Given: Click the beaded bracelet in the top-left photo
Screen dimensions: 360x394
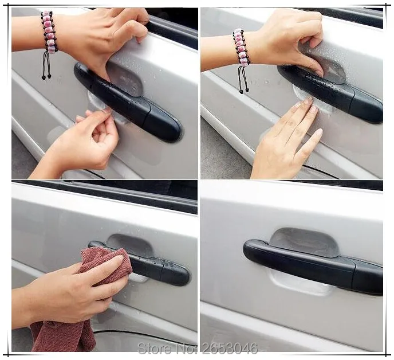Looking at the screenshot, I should point(48,32).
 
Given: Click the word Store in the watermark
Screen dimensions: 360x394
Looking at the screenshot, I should point(156,348).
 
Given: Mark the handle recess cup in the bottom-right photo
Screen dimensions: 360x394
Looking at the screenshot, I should point(304,241).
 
